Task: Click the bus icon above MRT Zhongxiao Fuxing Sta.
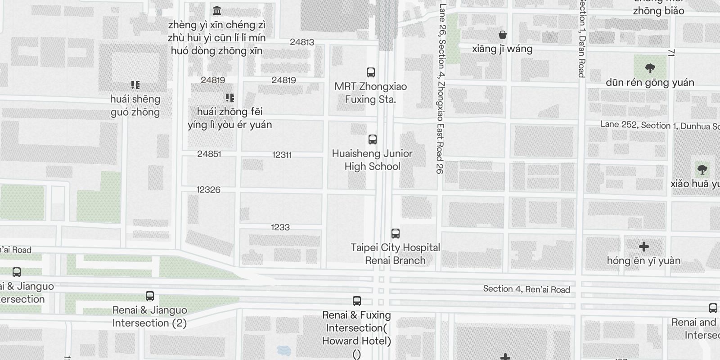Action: [x=370, y=72]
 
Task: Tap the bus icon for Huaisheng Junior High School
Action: [x=372, y=139]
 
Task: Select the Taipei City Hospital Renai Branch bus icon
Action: [x=395, y=233]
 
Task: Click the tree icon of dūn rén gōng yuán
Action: [x=649, y=68]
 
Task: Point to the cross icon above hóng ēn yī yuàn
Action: [x=643, y=247]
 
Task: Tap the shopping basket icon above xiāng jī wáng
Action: [x=502, y=35]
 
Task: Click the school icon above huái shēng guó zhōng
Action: [x=135, y=85]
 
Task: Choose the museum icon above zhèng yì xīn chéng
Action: [x=216, y=10]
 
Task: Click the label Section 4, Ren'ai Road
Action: [x=526, y=289]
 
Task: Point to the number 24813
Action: [x=302, y=42]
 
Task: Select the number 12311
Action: [x=282, y=155]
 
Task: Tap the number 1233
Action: [x=280, y=227]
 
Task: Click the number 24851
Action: [x=209, y=154]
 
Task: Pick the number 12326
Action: [x=208, y=190]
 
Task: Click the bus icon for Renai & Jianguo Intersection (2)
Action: [x=149, y=296]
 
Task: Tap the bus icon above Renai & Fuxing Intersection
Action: [x=356, y=301]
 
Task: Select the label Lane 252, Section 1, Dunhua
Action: [x=659, y=126]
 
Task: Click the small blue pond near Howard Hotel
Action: [x=283, y=350]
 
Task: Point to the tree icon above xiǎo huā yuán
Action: [x=702, y=170]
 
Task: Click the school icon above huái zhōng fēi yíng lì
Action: [x=229, y=97]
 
